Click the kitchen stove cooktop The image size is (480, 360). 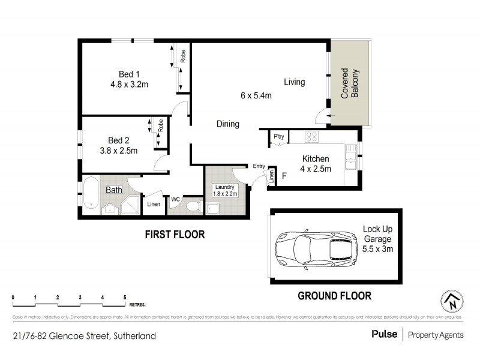coord(311,137)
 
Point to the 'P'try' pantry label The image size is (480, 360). coord(278,137)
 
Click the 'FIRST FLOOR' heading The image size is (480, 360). coord(175,235)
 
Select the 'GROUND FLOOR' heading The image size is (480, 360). coord(335,295)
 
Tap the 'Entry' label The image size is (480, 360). coord(259,166)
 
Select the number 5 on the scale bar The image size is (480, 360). coord(125,297)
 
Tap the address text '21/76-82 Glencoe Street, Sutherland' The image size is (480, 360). coord(84,336)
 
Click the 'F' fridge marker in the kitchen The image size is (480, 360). coord(284,176)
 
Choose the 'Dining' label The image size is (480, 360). coord(228,124)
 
